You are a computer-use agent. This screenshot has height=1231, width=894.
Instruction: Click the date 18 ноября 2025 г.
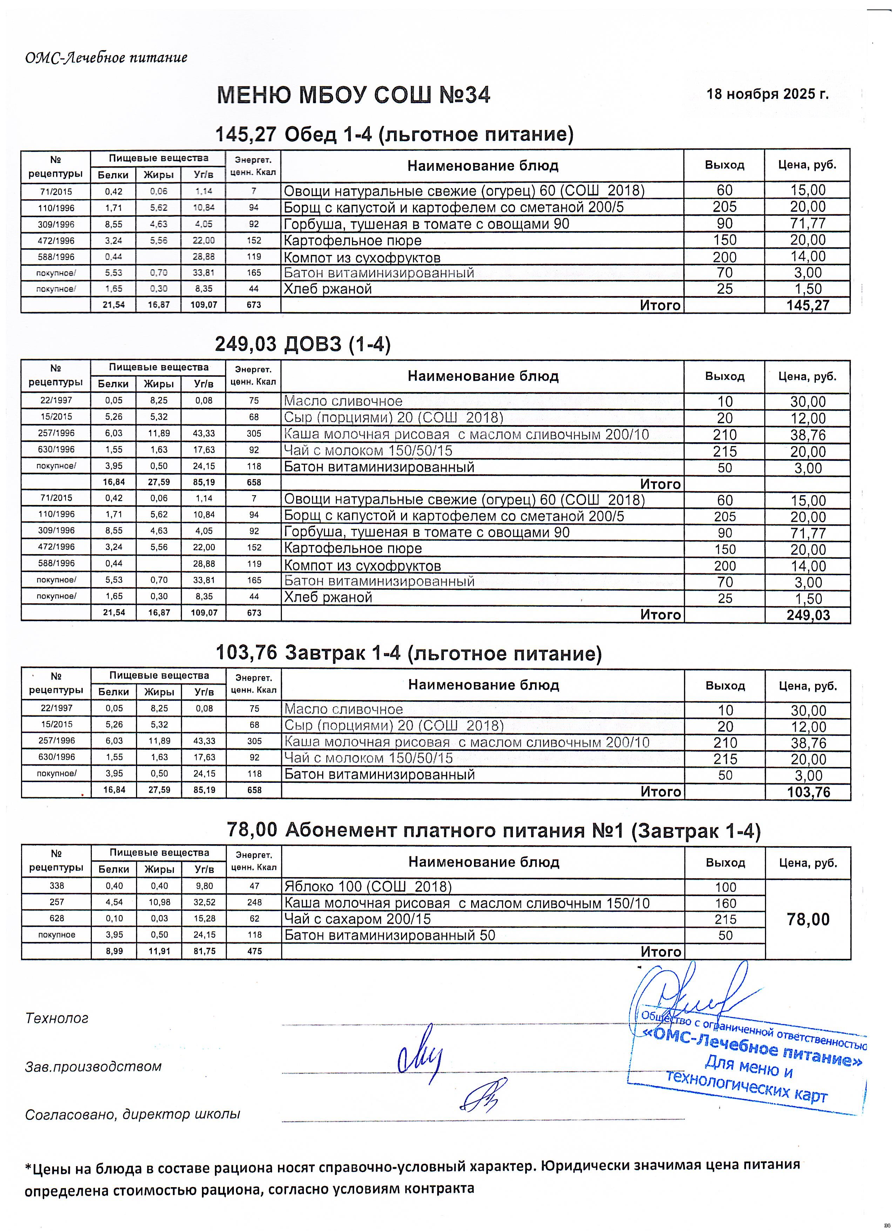coord(767,94)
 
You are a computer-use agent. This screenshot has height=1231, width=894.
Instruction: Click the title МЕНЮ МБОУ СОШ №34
coord(354,95)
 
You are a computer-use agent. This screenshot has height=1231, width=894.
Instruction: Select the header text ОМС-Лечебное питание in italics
coord(106,58)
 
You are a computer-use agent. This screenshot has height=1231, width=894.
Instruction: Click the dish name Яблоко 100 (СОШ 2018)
coord(368,887)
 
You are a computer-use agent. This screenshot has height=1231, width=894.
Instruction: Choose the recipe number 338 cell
coord(56,886)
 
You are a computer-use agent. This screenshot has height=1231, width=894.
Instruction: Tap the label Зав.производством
coord(93,1067)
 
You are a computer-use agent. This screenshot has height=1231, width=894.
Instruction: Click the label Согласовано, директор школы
coord(133,1114)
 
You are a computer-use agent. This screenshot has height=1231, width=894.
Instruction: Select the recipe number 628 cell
coord(56,919)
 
